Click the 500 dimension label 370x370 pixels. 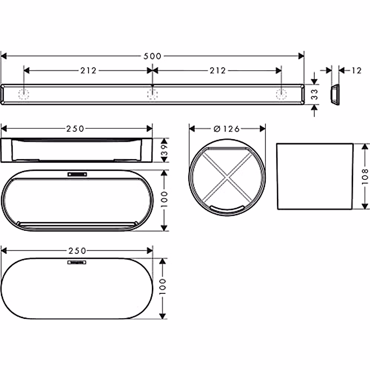(x=152, y=56)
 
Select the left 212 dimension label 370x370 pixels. (x=88, y=71)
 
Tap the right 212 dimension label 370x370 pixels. (x=218, y=71)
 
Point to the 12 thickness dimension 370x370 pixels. (x=357, y=71)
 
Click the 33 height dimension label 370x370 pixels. (x=314, y=94)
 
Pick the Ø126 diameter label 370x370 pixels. (x=227, y=129)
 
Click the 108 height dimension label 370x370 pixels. (x=365, y=176)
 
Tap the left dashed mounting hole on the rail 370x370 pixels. (x=24, y=94)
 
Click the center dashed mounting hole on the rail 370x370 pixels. (x=152, y=94)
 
